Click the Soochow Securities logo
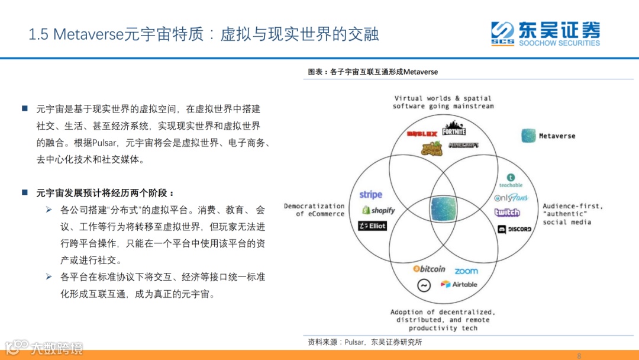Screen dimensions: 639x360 [545, 33]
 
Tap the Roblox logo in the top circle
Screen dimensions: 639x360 [422, 134]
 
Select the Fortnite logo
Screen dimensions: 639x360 [454, 128]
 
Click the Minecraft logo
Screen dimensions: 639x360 [463, 145]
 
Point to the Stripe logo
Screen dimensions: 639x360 [371, 195]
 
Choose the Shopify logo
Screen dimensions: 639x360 [379, 210]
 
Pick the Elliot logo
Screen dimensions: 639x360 [372, 226]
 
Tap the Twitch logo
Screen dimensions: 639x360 [507, 213]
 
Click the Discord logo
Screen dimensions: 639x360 [514, 229]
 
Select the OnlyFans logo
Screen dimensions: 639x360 [511, 197]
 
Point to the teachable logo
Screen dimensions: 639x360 [511, 181]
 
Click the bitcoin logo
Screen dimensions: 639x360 [429, 269]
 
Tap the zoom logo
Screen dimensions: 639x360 [466, 271]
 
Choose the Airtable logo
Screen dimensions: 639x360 [459, 284]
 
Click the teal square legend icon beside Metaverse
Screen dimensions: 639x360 [528, 136]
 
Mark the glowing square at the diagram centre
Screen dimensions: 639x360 [444, 209]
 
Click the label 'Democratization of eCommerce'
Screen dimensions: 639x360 [314, 210]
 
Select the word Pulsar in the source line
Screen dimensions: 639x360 [356, 342]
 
